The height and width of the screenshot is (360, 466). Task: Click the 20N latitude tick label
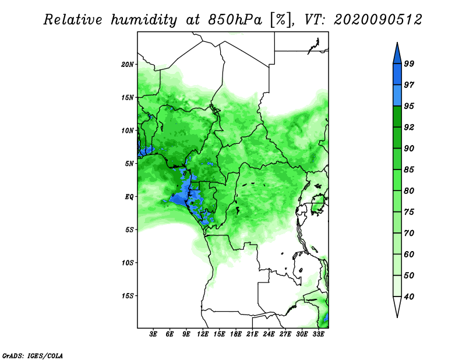pos(127,64)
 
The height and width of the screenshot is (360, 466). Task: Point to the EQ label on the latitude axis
pos(129,197)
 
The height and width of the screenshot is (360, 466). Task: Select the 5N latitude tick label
pos(129,164)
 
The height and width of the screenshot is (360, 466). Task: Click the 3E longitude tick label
pos(153,334)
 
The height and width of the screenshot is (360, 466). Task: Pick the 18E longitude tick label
pos(236,334)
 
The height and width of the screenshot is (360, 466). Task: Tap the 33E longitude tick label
pos(318,334)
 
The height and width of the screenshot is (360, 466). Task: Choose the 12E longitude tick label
pos(203,334)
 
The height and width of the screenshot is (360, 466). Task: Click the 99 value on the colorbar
pos(409,63)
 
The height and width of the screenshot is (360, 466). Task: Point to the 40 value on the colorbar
pos(409,297)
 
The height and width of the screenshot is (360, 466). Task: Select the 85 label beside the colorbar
pos(409,170)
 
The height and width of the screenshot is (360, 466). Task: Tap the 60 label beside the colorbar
pos(409,255)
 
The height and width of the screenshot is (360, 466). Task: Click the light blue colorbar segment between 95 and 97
pos(397,96)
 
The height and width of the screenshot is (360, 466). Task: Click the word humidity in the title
pos(144,20)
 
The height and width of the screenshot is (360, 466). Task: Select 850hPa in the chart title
pos(235,20)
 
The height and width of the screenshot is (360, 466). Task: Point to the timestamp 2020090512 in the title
pos(377,20)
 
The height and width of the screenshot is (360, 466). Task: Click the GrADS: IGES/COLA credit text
pos(33,356)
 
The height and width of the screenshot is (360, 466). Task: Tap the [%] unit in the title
pos(281,20)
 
